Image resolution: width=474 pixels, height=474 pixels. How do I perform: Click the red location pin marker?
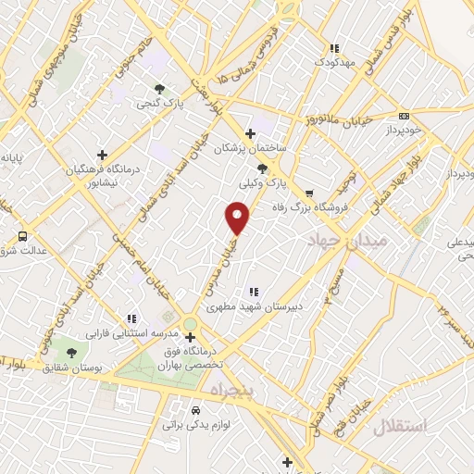coord(238,218)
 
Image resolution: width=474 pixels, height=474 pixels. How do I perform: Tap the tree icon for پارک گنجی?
coord(160,90)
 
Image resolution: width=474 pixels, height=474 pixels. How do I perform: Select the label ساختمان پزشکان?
coord(251,148)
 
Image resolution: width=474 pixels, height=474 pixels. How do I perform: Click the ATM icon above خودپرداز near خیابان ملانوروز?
coord(404,116)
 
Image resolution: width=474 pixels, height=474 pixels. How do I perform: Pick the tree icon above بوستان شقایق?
coord(72,352)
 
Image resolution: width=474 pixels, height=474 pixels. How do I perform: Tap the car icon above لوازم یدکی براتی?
coord(195,409)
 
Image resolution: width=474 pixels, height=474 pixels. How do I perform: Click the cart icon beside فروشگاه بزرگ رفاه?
coord(321,206)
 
